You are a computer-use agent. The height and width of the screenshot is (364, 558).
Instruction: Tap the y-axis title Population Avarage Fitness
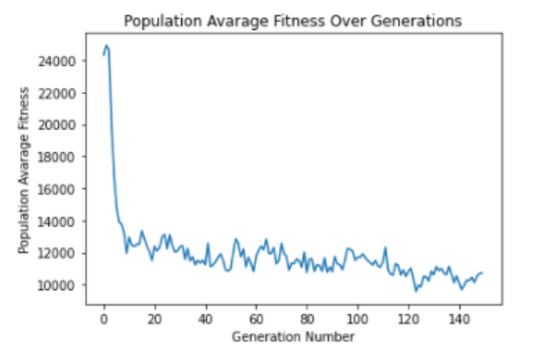[24, 171]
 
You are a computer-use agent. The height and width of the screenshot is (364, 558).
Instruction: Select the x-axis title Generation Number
[294, 337]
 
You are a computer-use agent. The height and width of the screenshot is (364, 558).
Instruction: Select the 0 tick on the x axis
[105, 317]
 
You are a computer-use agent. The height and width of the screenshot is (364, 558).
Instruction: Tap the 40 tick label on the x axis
[207, 317]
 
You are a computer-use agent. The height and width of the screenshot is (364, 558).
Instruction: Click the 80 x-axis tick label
[308, 317]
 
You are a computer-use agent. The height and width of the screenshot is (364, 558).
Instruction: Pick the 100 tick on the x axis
[358, 317]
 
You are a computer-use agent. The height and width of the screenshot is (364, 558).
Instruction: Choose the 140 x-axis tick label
[460, 317]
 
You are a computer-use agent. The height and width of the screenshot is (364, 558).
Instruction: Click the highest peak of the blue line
[106, 46]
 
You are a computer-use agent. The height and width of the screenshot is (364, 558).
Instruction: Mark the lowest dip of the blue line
[416, 290]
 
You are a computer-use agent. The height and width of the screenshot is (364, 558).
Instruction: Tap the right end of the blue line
[482, 273]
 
